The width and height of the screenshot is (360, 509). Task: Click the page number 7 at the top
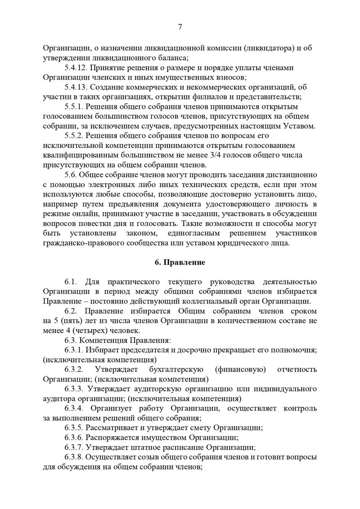pyautogui.click(x=180, y=27)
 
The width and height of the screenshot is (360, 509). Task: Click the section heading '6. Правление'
pyautogui.click(x=180, y=263)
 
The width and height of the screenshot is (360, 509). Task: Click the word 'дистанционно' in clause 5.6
pyautogui.click(x=292, y=174)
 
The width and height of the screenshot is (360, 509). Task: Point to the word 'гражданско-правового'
pyautogui.click(x=79, y=243)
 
